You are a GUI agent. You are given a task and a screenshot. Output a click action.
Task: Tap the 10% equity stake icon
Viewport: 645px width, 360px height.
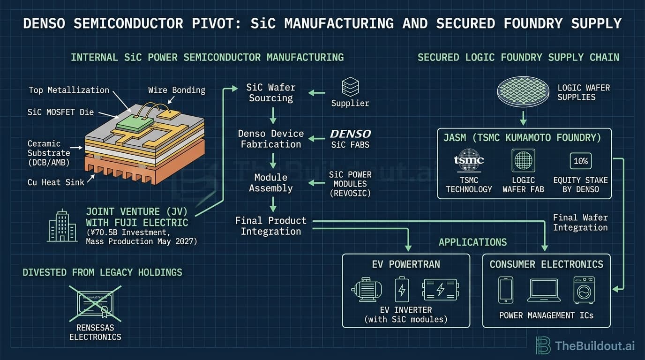(580, 161)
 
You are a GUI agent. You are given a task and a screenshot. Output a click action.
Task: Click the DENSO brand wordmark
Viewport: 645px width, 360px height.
(350, 135)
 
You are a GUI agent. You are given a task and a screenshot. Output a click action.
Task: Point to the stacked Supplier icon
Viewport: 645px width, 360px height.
(350, 87)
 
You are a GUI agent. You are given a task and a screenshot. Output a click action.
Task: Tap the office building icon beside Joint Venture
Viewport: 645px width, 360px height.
(62, 225)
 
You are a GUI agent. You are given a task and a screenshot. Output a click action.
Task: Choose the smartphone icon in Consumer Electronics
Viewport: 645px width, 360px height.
(505, 290)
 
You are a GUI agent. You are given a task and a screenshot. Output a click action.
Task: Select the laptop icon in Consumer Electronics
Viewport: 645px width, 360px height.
(544, 290)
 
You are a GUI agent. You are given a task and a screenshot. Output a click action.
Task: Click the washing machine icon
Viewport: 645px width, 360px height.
(584, 290)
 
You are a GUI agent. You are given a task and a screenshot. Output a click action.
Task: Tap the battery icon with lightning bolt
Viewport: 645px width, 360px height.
(402, 290)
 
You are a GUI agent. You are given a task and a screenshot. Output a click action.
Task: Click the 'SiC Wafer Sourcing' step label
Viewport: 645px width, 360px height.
(270, 93)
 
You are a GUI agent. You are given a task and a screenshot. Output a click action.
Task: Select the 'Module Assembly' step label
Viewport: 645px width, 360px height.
(270, 183)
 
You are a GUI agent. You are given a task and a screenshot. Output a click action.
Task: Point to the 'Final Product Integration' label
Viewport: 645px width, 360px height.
(270, 226)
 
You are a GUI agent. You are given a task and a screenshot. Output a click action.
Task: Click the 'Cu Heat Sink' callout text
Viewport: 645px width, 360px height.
(56, 182)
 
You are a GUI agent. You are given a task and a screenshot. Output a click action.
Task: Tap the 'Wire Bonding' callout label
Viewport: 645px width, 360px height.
(176, 90)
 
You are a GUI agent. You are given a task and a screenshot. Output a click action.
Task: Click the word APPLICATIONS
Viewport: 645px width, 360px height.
(472, 242)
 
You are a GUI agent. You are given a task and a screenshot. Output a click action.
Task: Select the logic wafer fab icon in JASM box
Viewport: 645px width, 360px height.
(523, 161)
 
